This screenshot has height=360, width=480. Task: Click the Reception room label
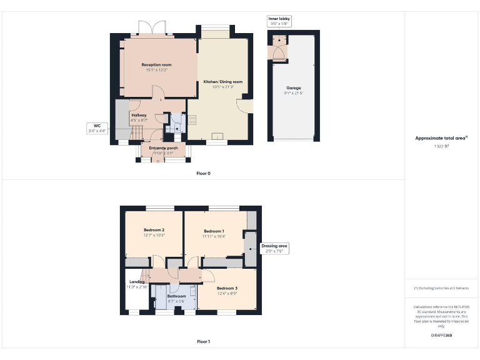click(156, 64)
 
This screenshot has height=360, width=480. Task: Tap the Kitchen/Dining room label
click(223, 82)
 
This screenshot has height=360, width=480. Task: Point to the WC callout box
click(97, 128)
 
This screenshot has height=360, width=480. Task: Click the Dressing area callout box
click(274, 249)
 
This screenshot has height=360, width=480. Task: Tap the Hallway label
click(139, 115)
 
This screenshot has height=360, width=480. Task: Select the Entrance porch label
click(163, 147)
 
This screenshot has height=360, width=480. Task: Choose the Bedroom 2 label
click(154, 230)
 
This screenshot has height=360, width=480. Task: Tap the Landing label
click(137, 282)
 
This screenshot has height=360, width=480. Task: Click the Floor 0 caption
click(203, 173)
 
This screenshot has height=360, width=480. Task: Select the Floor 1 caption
click(203, 342)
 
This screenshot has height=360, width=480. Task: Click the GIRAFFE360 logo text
click(441, 336)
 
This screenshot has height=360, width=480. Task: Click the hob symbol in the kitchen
click(192, 118)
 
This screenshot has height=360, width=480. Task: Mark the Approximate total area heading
click(442, 138)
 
